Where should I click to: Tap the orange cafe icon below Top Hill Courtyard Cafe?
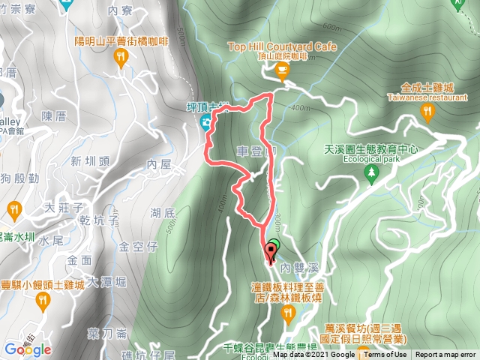point(282,72)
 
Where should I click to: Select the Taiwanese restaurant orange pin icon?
point(427,112)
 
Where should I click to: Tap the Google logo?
point(27,349)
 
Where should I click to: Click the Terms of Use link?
point(385,355)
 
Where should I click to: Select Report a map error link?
point(447,355)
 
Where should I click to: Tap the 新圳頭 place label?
point(91,160)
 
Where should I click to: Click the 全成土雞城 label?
point(428,87)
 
